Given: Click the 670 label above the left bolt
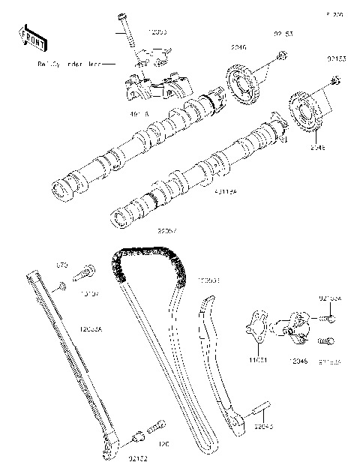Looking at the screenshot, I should [63, 265].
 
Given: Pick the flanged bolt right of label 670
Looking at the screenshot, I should [88, 269].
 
